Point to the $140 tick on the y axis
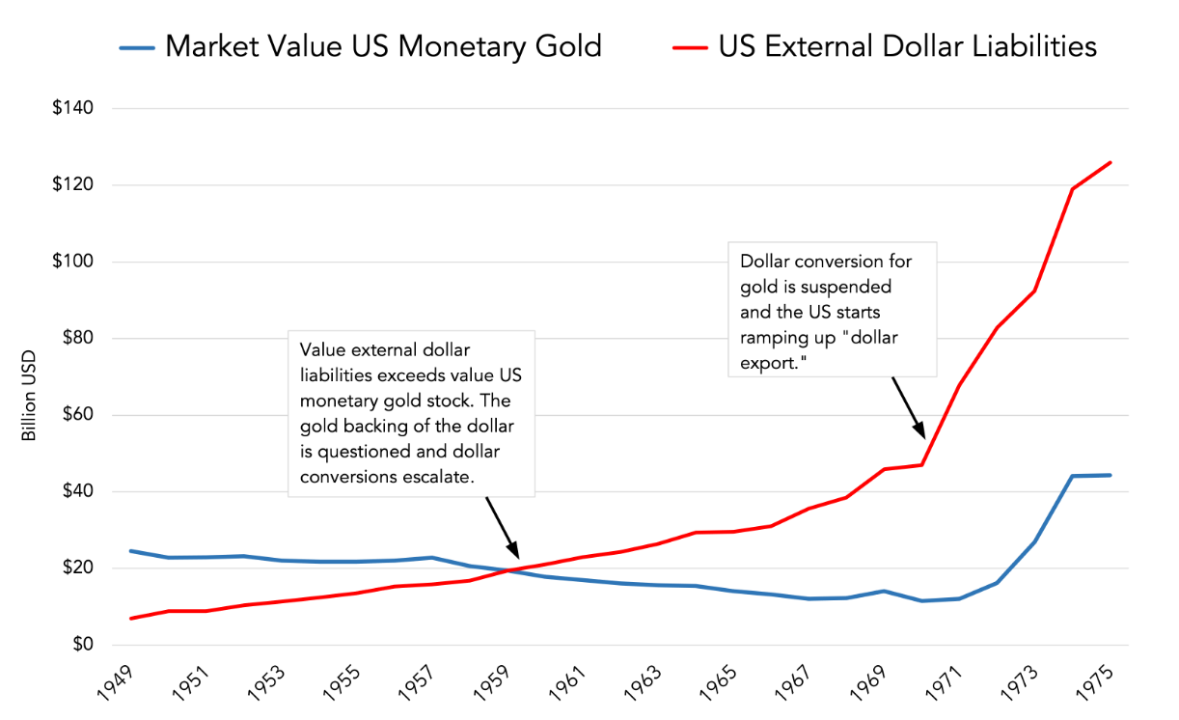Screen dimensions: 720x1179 (73, 108)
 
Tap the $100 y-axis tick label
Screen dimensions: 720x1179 (73, 262)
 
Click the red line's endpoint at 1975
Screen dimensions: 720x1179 (1110, 162)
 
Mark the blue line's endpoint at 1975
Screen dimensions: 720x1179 (1110, 475)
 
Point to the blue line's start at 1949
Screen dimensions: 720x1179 (130, 551)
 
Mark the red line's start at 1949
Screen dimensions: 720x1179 (130, 619)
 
